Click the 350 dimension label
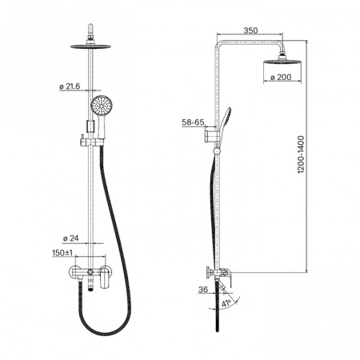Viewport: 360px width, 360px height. [x=250, y=30]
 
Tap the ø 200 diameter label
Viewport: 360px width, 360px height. [x=281, y=78]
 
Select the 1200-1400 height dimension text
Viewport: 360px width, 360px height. [x=301, y=154]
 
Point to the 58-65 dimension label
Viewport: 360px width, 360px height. [x=193, y=122]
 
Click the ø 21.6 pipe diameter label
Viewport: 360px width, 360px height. [x=70, y=86]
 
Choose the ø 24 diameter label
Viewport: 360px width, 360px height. [x=71, y=238]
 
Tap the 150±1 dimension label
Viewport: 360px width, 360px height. [x=62, y=253]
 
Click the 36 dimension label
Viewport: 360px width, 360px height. [x=203, y=290]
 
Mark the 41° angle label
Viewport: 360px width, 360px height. [x=226, y=303]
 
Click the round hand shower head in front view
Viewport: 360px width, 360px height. [x=102, y=106]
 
